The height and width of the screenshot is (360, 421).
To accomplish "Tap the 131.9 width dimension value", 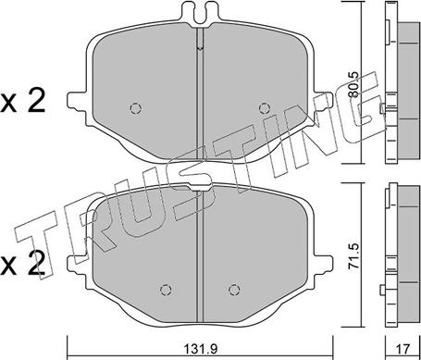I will tap(199, 350).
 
